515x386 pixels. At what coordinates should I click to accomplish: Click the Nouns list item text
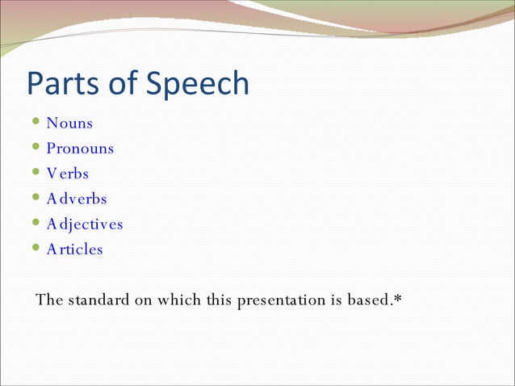pos(69,124)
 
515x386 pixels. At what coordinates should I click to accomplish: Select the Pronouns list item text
pos(80,149)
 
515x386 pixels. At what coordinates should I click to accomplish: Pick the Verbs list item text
pos(68,174)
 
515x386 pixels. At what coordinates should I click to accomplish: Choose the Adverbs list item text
pos(77,199)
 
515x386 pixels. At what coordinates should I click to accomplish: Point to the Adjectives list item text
pos(85,224)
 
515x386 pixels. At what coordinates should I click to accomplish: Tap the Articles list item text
pos(75,250)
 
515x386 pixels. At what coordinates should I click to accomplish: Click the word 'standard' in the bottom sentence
pos(98,300)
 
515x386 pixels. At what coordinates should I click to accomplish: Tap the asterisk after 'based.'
pos(398,299)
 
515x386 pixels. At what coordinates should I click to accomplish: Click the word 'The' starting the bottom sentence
pos(49,300)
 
